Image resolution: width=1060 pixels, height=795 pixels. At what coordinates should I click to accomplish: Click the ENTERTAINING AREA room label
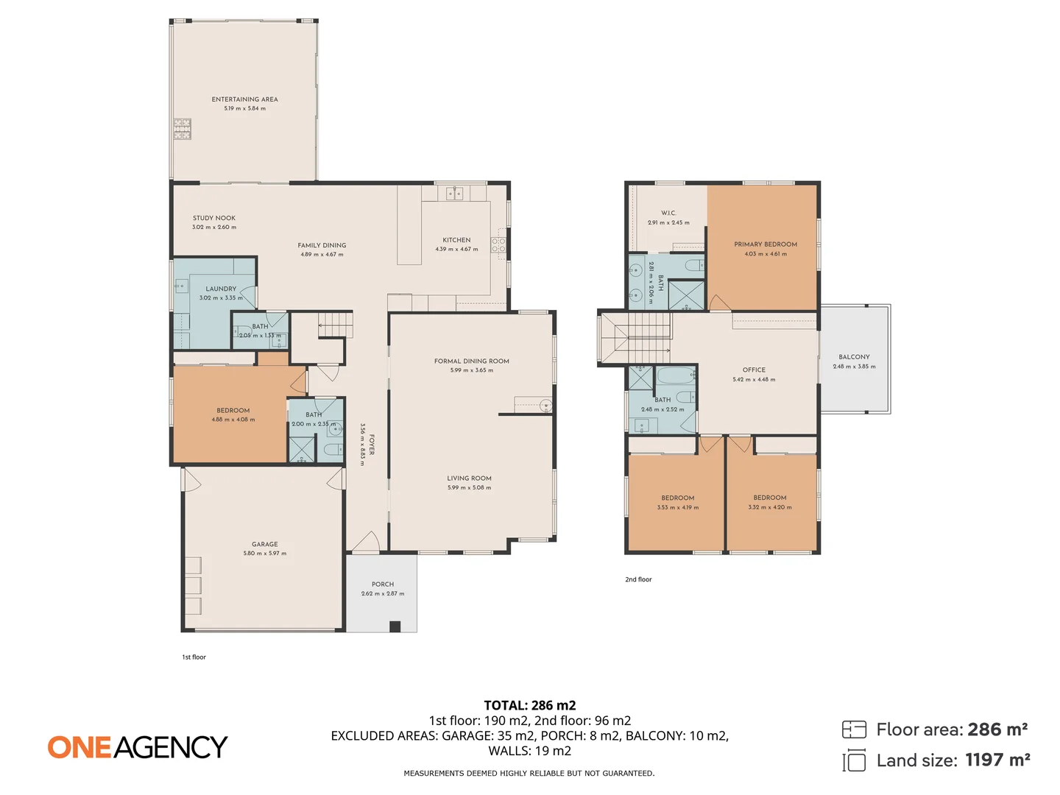[245, 99]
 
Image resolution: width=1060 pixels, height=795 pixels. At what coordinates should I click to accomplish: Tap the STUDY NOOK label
[214, 218]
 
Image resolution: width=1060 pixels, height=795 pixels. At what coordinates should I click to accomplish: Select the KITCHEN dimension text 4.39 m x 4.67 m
[456, 250]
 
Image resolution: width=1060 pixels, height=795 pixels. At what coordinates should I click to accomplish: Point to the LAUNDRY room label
[221, 289]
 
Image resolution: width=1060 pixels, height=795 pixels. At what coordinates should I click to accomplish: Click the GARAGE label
[265, 545]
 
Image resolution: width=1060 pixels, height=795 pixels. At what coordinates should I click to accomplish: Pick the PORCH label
[383, 584]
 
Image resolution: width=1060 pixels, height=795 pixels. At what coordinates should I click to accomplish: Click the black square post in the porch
[395, 626]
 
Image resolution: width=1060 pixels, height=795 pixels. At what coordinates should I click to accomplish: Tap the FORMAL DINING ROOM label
[472, 361]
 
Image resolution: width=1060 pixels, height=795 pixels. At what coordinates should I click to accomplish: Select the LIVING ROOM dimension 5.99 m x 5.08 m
[469, 488]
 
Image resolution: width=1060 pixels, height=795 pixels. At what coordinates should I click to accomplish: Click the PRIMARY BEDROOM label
[766, 244]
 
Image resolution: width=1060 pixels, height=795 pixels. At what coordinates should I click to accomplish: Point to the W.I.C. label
[668, 213]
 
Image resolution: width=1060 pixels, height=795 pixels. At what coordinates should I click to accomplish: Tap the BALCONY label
[854, 357]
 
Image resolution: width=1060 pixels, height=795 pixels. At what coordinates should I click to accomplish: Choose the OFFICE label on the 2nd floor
[754, 370]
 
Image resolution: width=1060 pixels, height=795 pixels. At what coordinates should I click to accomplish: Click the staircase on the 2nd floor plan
[637, 337]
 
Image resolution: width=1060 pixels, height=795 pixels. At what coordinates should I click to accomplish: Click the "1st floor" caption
[194, 657]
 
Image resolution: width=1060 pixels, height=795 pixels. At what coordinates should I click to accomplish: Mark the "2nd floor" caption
[638, 580]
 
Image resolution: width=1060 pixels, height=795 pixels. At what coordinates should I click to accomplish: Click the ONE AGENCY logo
[138, 747]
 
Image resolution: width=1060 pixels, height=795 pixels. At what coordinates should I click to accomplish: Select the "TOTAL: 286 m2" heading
[529, 705]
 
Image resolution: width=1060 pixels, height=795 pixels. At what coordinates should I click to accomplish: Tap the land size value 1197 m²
[997, 760]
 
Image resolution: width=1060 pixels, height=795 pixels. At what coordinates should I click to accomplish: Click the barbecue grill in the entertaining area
[182, 130]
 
